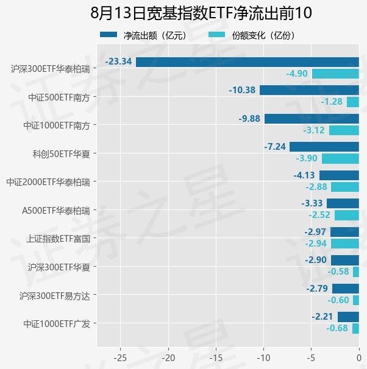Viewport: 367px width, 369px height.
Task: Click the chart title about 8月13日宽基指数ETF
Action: tap(201, 13)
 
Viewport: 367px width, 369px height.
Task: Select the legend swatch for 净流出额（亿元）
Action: tap(109, 35)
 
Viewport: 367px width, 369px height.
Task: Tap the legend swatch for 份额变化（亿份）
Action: tap(216, 35)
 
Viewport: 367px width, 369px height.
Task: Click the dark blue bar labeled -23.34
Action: tap(248, 62)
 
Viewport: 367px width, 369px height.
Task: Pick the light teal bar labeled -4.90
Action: tap(335, 74)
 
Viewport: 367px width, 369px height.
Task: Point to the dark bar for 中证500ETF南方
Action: tap(309, 90)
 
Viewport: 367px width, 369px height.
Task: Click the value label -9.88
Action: tap(249, 119)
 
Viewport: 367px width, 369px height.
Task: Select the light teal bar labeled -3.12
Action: tap(344, 130)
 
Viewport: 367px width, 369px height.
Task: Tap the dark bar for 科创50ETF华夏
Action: tap(324, 147)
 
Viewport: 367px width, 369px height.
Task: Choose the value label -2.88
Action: tap(316, 187)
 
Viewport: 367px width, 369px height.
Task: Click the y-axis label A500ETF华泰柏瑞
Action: tap(56, 211)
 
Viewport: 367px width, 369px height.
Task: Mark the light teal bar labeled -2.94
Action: tap(345, 244)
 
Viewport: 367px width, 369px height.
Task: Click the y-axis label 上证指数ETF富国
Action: tap(58, 239)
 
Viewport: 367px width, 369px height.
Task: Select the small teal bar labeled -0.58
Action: tap(356, 272)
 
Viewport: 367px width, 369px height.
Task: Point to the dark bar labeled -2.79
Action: tap(346, 289)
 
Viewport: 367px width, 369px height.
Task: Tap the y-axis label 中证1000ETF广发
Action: tap(57, 324)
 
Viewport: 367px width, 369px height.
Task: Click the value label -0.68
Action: tap(337, 328)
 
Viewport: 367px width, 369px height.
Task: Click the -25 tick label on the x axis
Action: tap(120, 358)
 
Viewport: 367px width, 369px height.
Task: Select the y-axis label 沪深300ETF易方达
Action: tap(55, 296)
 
